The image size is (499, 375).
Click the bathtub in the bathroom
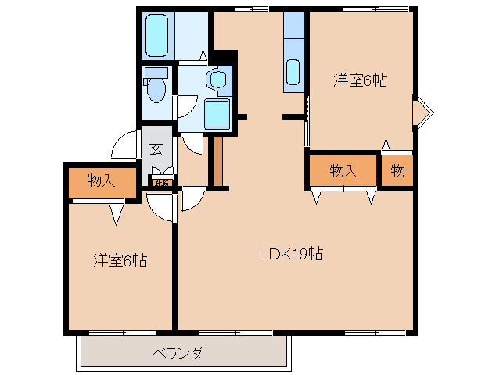pyautogui.click(x=158, y=34)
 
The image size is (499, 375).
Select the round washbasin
pyautogui.click(x=217, y=79)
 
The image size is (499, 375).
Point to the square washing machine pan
pyautogui.click(x=217, y=115)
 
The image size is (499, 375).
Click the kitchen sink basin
pyautogui.click(x=294, y=72)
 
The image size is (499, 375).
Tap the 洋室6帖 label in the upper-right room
pyautogui.click(x=361, y=80)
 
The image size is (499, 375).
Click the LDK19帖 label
pyautogui.click(x=292, y=253)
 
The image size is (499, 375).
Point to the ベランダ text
pyautogui.click(x=178, y=353)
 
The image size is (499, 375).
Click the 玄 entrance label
pyautogui.click(x=156, y=148)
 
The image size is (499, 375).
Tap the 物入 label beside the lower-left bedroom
pyautogui.click(x=102, y=181)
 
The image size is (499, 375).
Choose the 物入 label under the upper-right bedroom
pyautogui.click(x=343, y=171)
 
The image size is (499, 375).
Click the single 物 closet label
pyautogui.click(x=397, y=171)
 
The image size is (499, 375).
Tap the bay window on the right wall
pyautogui.click(x=422, y=111)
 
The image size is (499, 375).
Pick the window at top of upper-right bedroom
pyautogui.click(x=375, y=9)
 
